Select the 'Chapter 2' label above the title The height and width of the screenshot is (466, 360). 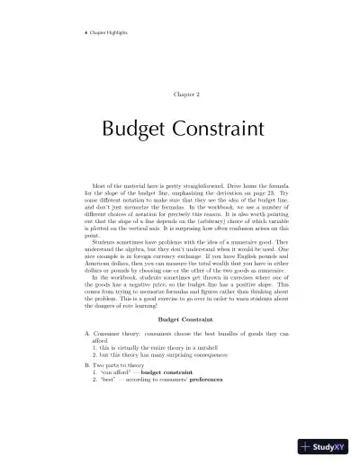180,94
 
